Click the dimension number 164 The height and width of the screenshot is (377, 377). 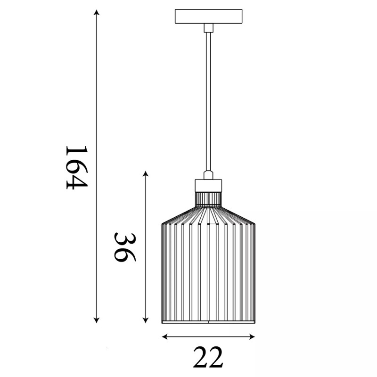[77, 168]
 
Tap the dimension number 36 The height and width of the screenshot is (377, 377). [125, 247]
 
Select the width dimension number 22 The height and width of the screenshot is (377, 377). [208, 357]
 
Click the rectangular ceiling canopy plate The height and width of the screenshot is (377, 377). [208, 16]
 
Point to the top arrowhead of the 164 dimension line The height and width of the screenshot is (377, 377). [97, 12]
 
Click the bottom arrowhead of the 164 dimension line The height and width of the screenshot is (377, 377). [97, 320]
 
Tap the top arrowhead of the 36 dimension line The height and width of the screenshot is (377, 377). [145, 173]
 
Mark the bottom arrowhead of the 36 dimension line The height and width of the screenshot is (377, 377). [145, 320]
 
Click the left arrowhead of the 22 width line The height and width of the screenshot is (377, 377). [164, 337]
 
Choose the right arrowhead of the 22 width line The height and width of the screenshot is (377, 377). [252, 337]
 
